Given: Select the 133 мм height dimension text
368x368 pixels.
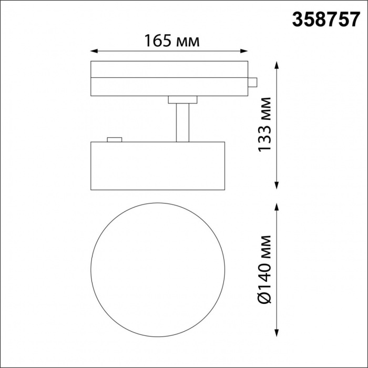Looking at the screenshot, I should [267, 124].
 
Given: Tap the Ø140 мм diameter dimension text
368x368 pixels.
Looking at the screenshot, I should [267, 269].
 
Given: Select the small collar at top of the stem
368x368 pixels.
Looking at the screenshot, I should [182, 99].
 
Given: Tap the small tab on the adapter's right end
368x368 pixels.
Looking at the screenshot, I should [252, 83].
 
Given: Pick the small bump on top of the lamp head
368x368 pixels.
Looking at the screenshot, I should [114, 139].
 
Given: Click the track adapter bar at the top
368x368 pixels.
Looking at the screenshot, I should [169, 79].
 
